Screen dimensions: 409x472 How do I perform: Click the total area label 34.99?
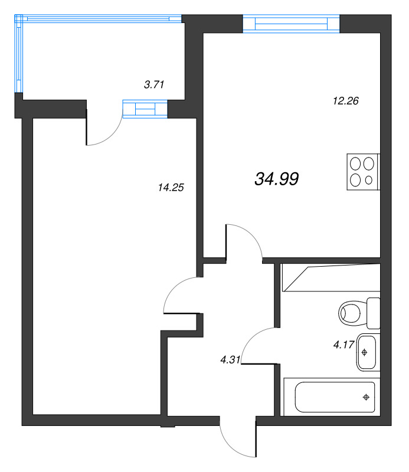tap(276, 179)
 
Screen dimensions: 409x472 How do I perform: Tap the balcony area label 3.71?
tap(154, 84)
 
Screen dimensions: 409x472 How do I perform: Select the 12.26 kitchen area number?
tap(345, 100)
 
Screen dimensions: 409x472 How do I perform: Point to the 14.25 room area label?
tap(171, 188)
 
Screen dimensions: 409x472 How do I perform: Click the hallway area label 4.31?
tap(230, 359)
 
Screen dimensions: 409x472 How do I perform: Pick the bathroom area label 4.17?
tap(343, 345)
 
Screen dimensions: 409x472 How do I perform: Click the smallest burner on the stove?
tap(369, 180)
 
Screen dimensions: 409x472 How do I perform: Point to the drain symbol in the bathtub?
tap(366, 397)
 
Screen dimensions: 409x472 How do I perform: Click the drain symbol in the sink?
tap(364, 352)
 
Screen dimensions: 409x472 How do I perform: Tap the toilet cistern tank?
tap(374, 313)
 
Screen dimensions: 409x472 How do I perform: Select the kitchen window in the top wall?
tap(291, 24)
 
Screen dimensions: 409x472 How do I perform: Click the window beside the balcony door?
tap(145, 109)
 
